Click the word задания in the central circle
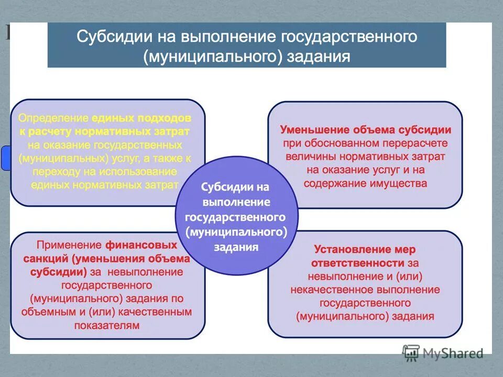pos(236,247)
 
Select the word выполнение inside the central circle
pos(236,202)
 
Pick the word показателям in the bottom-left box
pos(106,325)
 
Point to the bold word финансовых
pos(141,245)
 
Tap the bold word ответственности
pos(357,263)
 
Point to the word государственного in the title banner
pos(349,37)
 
